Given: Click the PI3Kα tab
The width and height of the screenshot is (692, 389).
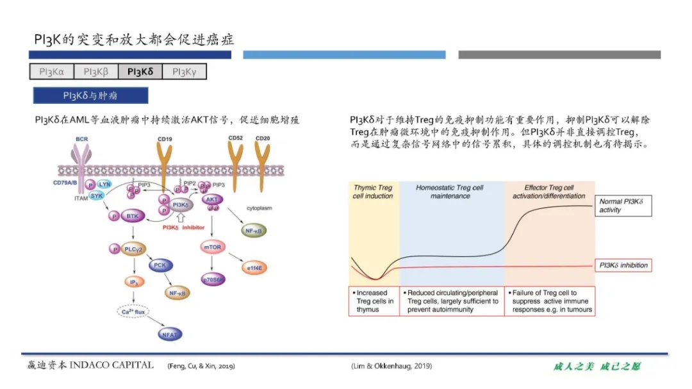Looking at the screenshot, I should point(52,72).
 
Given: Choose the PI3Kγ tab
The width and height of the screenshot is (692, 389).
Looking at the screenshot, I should point(185,72).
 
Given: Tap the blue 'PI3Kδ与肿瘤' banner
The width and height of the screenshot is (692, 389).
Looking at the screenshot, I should point(90,95).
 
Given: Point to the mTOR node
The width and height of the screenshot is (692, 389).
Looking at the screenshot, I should point(212,247).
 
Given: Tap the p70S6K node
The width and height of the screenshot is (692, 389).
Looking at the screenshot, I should point(213,279).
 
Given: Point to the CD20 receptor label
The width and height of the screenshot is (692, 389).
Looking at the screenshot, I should point(263,138).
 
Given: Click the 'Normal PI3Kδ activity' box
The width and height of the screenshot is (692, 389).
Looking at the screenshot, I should point(623,206).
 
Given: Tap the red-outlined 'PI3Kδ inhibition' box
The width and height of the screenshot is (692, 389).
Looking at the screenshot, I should point(623,265).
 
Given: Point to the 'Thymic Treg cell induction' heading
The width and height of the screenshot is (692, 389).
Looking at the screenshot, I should point(373,192).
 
